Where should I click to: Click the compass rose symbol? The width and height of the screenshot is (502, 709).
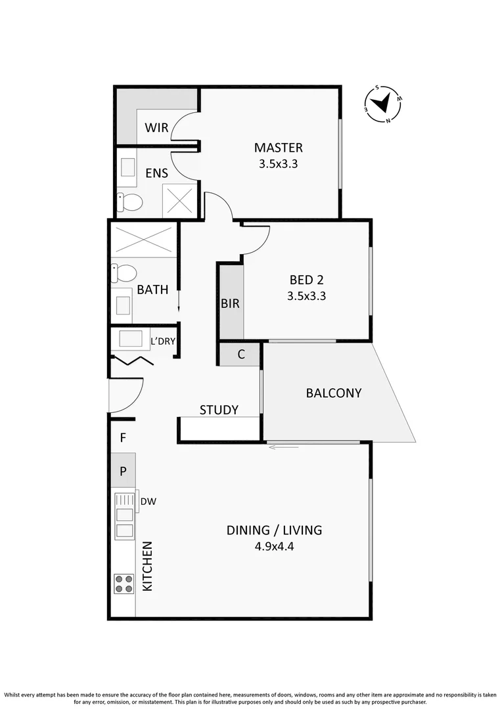383,104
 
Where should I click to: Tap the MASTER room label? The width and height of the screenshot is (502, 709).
279,148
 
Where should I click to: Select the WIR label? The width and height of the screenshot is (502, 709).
156,128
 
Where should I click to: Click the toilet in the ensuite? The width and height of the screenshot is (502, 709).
130,202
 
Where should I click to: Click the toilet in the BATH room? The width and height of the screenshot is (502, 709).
125,272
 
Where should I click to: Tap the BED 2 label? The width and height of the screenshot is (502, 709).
306,279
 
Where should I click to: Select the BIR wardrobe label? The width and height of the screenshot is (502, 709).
230,304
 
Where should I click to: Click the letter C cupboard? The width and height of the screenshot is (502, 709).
241,354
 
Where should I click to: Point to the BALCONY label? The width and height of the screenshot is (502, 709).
334,393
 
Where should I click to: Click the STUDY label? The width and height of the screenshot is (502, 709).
219,410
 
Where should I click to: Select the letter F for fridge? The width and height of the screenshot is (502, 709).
123,437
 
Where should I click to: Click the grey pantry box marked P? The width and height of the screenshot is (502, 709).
123,469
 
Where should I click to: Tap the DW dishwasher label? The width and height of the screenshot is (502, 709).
148,502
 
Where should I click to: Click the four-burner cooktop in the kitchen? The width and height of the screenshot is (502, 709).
124,584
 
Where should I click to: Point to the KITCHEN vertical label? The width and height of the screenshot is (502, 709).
148,566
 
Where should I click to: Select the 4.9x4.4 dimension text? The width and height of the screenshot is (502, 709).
274,546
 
